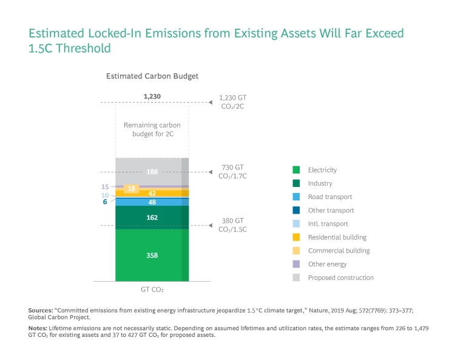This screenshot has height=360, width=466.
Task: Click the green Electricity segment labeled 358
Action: (x=152, y=256)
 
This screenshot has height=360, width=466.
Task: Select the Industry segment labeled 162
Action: (x=152, y=217)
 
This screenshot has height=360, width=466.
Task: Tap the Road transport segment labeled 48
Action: (x=152, y=202)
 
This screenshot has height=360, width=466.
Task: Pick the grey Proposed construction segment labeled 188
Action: (x=152, y=172)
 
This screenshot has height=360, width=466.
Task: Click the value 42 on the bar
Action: (x=152, y=193)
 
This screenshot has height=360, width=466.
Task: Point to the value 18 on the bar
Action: (x=131, y=189)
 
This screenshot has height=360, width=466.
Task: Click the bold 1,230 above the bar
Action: (x=152, y=96)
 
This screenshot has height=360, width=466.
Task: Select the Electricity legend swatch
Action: (x=296, y=170)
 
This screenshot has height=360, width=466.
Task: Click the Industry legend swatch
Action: (x=296, y=183)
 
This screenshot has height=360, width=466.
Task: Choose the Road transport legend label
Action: (x=329, y=197)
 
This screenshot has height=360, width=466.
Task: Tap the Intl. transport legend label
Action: (x=328, y=224)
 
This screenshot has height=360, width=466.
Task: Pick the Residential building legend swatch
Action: (x=296, y=237)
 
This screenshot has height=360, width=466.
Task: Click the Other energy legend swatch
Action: (x=296, y=264)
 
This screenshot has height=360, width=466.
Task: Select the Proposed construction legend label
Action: (x=340, y=277)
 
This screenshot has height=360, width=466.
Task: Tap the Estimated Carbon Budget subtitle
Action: (x=152, y=76)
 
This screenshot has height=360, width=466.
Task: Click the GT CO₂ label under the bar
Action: (x=152, y=290)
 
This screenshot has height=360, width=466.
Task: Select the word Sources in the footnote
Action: (x=41, y=310)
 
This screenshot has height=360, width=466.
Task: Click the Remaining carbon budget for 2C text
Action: (x=152, y=129)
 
